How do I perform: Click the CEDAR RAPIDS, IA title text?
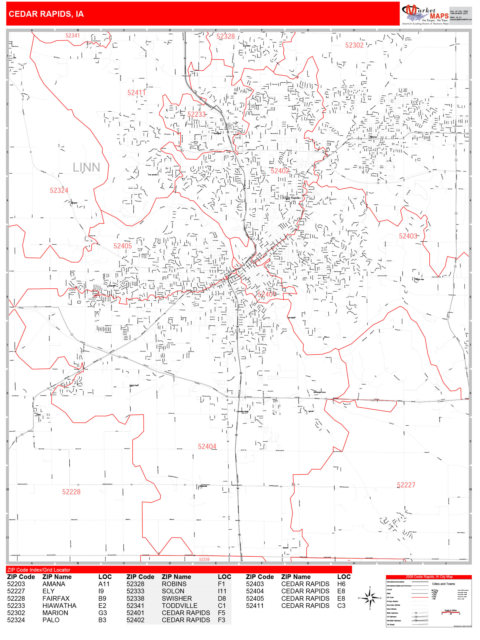(x=46, y=14)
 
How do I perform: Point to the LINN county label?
(x=86, y=167)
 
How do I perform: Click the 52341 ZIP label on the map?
(x=72, y=36)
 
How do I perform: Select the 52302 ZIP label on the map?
(x=354, y=45)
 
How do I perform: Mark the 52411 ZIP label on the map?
(x=136, y=93)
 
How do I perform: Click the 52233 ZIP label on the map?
(x=197, y=114)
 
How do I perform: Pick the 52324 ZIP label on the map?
(x=59, y=190)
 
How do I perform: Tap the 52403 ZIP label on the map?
(x=408, y=236)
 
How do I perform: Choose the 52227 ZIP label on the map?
(x=406, y=485)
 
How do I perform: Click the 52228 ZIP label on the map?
(x=71, y=492)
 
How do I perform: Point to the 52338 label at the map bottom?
(x=204, y=559)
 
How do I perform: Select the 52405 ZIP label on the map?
(x=122, y=246)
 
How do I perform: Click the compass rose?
(x=370, y=598)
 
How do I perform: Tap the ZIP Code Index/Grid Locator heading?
(x=39, y=570)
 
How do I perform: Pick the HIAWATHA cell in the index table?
(x=59, y=606)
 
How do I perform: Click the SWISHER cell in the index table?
(x=177, y=598)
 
